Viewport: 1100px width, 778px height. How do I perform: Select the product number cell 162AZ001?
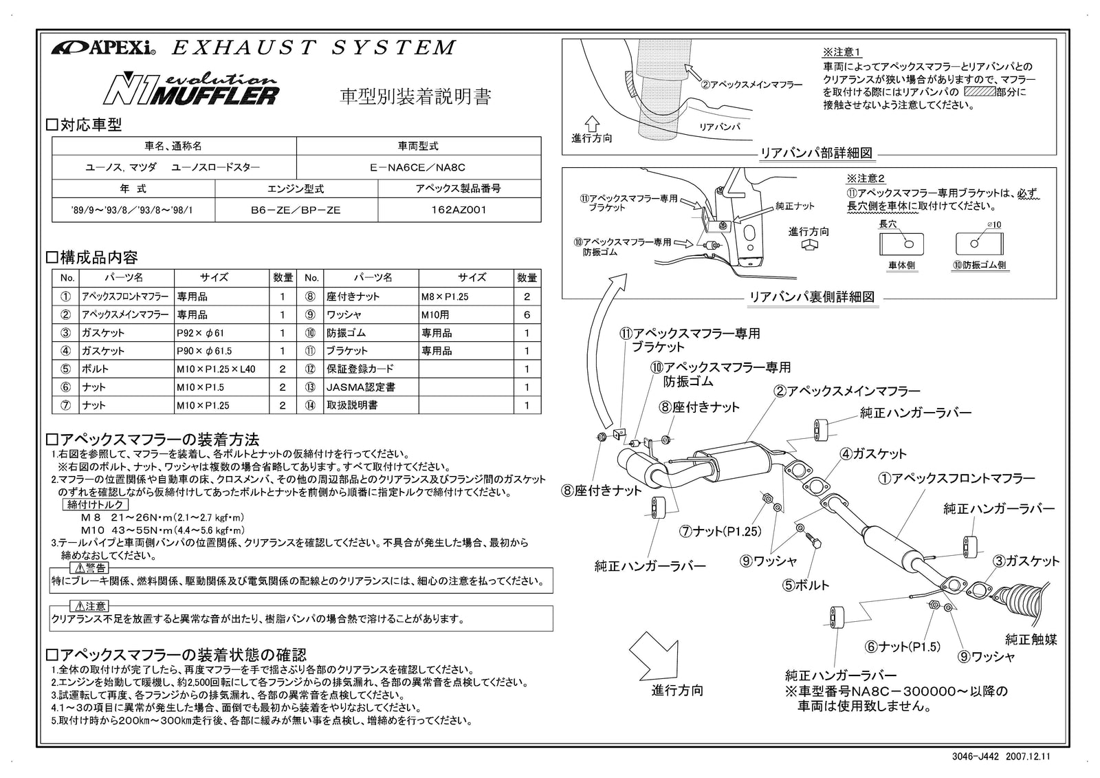click(459, 210)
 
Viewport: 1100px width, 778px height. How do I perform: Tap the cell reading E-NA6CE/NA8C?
click(418, 167)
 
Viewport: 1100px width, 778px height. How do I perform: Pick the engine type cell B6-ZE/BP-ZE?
click(296, 210)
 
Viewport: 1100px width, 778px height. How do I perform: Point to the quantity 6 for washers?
click(527, 315)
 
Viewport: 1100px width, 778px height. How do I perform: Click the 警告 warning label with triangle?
click(89, 568)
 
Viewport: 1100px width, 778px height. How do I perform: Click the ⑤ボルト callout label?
click(806, 585)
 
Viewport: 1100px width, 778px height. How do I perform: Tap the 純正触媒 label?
click(1031, 640)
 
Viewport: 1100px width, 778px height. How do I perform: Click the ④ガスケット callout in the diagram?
click(873, 454)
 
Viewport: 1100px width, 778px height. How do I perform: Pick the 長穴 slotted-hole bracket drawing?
click(901, 244)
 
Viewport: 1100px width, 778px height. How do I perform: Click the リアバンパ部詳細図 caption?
click(816, 153)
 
